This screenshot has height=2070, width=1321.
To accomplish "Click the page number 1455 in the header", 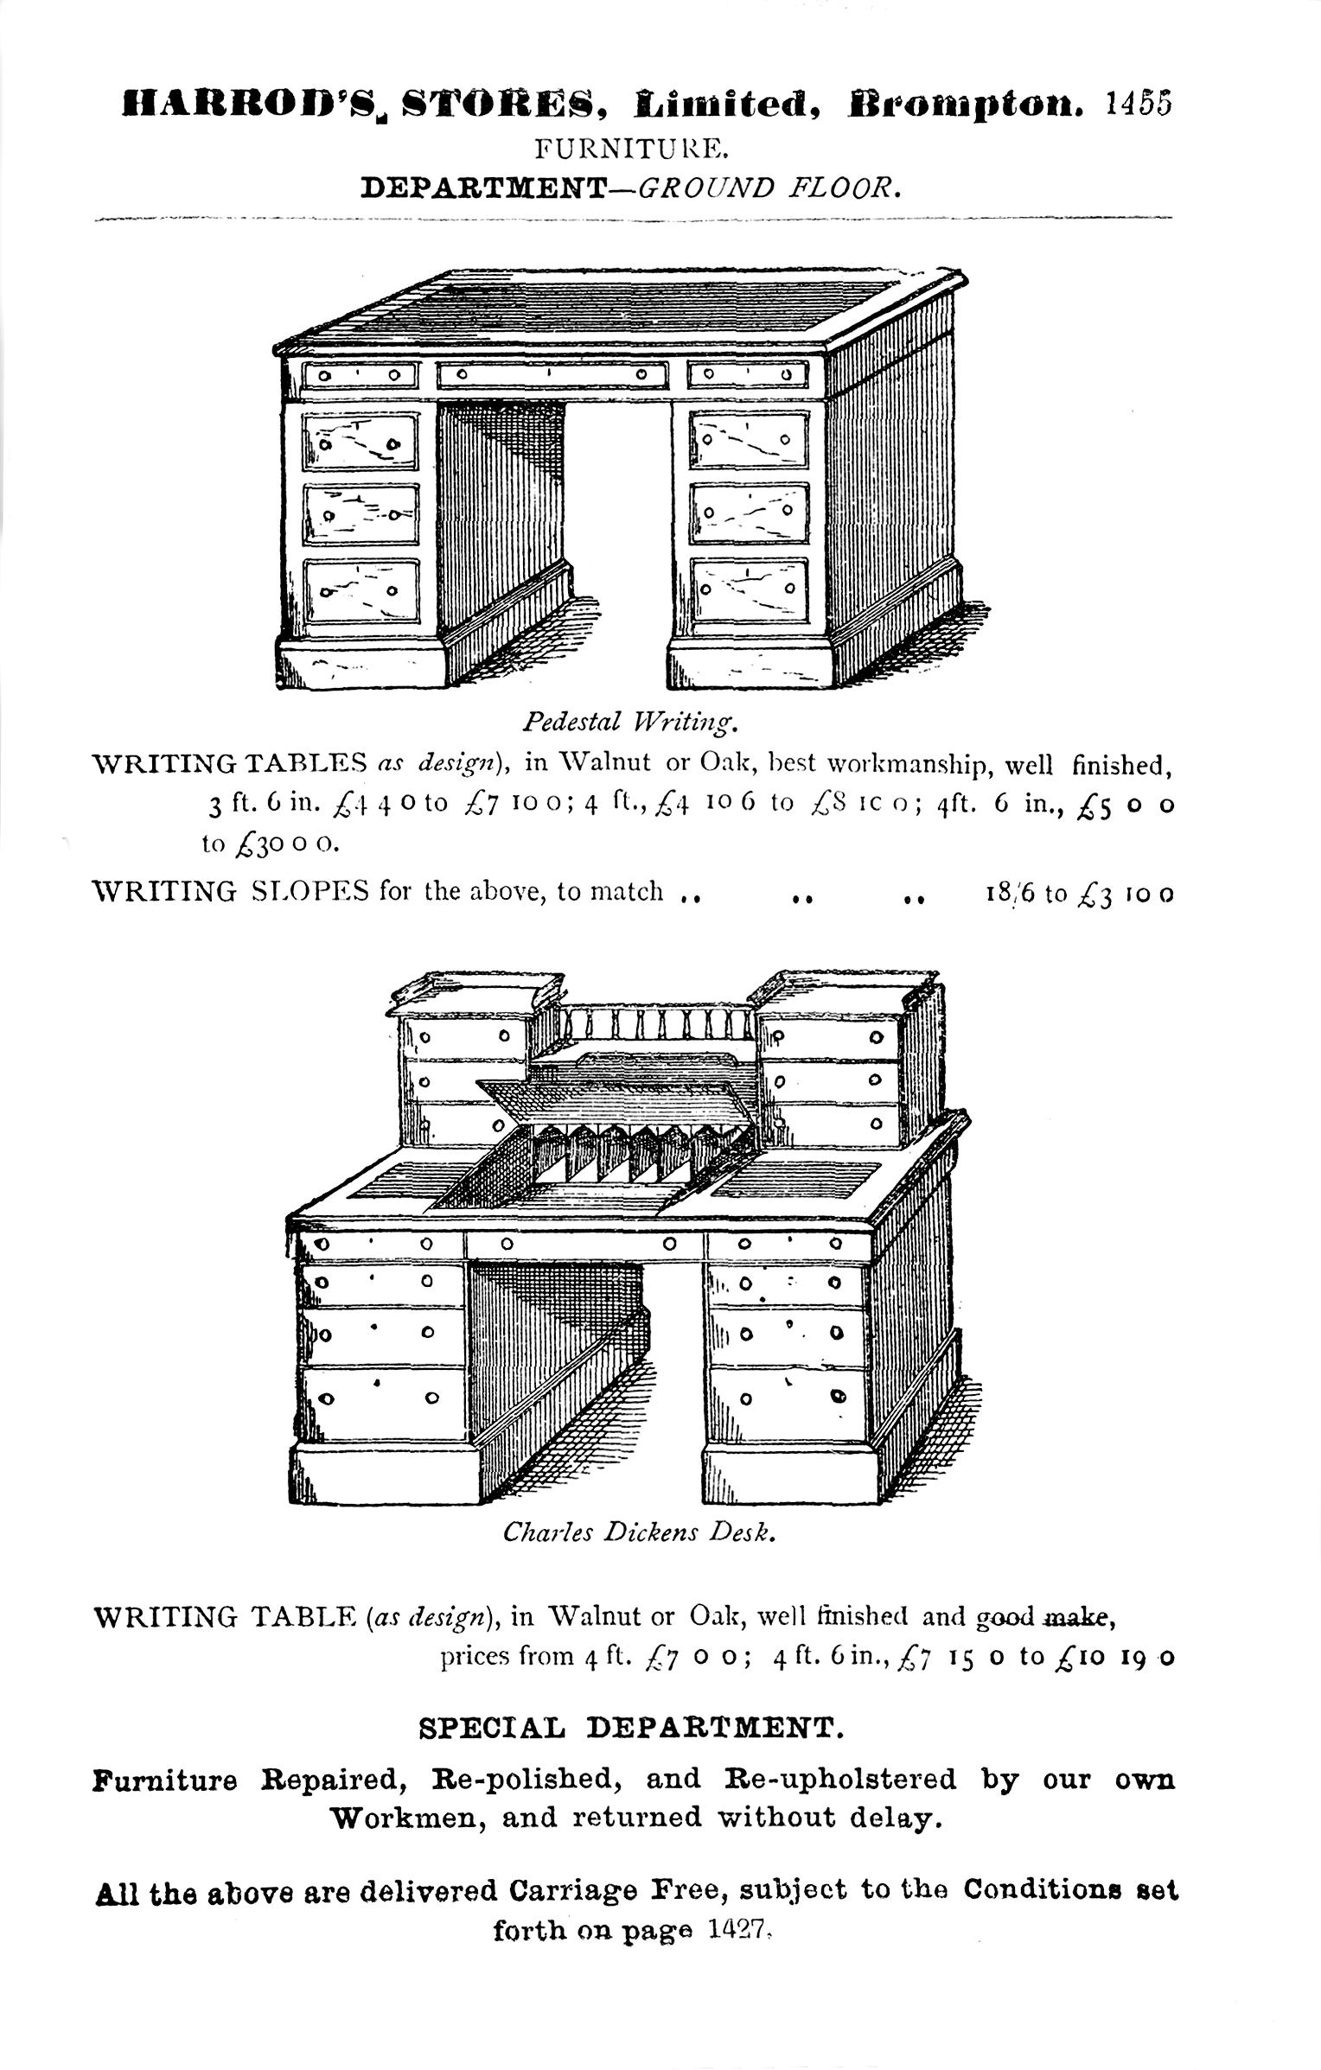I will pyautogui.click(x=1139, y=103).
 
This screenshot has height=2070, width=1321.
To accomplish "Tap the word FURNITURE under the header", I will pyautogui.click(x=632, y=150).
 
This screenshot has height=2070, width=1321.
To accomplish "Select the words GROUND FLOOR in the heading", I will pyautogui.click(x=769, y=188).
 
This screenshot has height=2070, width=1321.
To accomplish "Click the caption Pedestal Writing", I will pyautogui.click(x=629, y=719).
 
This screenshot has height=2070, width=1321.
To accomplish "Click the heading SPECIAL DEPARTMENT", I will pyautogui.click(x=630, y=1728).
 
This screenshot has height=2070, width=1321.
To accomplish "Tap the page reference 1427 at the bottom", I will pyautogui.click(x=737, y=1930).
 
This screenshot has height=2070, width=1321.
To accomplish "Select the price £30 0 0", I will pyautogui.click(x=271, y=844).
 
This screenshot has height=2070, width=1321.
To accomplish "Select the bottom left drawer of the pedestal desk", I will pyautogui.click(x=361, y=590).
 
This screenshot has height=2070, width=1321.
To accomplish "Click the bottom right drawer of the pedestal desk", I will pyautogui.click(x=749, y=589).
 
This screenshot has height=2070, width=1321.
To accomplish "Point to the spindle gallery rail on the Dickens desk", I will pyautogui.click(x=654, y=1026).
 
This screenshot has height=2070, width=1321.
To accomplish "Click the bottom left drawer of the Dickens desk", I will pyautogui.click(x=380, y=1397).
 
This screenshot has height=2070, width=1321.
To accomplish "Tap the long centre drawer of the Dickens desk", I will pyautogui.click(x=585, y=1244).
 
